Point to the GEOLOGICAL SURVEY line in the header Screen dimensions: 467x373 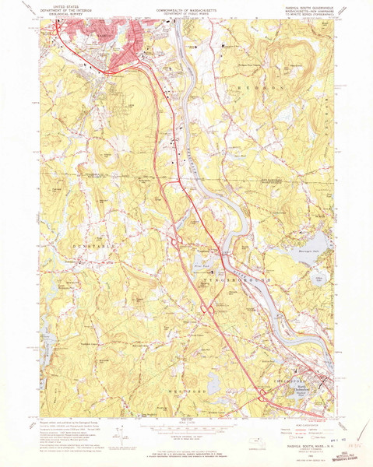tap(65, 14)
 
